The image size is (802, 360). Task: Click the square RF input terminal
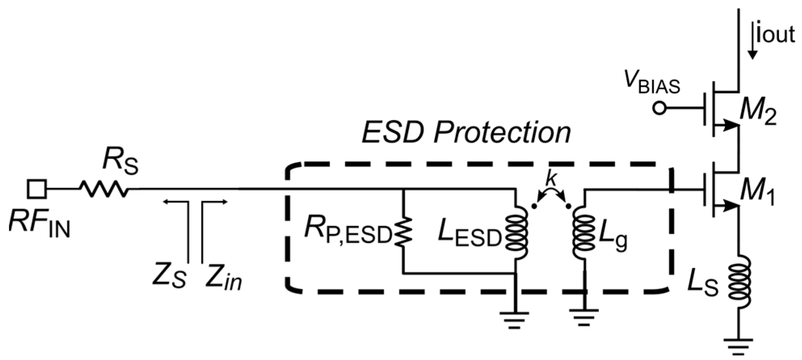[x=37, y=189]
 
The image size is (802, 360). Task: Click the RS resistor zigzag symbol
[x=105, y=189]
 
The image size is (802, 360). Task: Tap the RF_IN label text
[x=39, y=225]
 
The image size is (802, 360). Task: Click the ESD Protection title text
[x=466, y=132]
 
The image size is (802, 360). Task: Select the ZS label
[x=169, y=276]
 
